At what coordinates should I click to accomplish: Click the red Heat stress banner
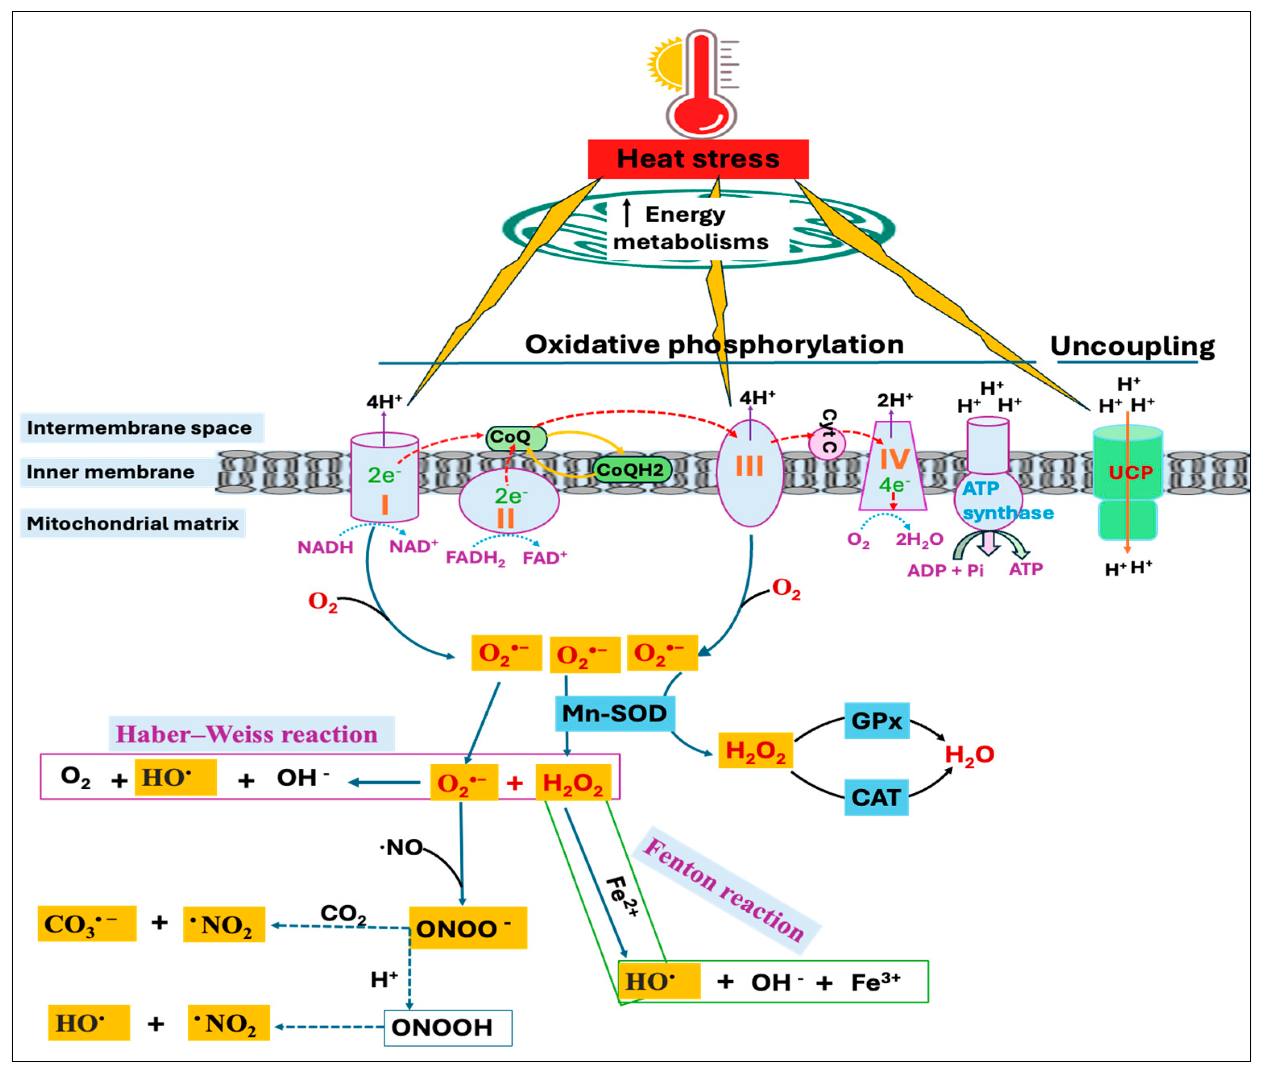698,159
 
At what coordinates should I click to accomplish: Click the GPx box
876,721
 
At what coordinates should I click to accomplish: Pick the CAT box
876,798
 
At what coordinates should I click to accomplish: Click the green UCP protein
1127,481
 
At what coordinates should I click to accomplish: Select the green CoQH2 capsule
630,470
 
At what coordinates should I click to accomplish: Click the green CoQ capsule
515,437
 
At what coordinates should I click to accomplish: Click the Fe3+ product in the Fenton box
875,982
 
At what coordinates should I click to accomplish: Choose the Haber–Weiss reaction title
246,734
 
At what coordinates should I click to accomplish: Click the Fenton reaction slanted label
725,889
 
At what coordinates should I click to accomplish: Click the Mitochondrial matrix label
133,524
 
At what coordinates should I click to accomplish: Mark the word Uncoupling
1132,346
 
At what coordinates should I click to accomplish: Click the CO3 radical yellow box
87,924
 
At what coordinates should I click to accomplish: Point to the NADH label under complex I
325,547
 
